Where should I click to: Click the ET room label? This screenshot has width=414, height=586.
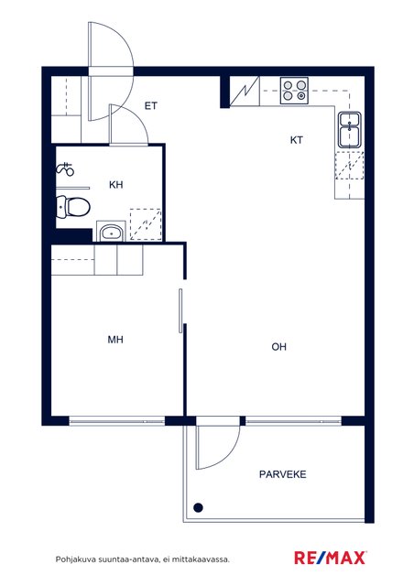pyautogui.click(x=151, y=106)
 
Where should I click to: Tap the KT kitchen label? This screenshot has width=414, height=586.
pyautogui.click(x=296, y=140)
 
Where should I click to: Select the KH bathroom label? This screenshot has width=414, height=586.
pyautogui.click(x=115, y=185)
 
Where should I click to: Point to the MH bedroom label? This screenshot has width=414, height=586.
pyautogui.click(x=115, y=340)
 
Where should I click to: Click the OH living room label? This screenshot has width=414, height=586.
pyautogui.click(x=279, y=347)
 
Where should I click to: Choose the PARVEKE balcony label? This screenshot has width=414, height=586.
pyautogui.click(x=283, y=474)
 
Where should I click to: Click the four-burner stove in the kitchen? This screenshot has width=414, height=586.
pyautogui.click(x=294, y=91)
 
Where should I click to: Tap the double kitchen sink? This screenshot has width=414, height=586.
pyautogui.click(x=350, y=130)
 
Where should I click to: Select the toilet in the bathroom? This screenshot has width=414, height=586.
pyautogui.click(x=73, y=207)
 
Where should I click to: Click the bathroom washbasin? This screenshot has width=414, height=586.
pyautogui.click(x=111, y=233)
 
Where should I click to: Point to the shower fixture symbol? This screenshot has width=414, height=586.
pyautogui.click(x=65, y=169)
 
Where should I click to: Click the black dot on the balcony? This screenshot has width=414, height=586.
pyautogui.click(x=198, y=507)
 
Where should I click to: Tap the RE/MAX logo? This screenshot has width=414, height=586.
pyautogui.click(x=331, y=558)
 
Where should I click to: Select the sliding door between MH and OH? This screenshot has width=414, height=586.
pyautogui.click(x=180, y=310)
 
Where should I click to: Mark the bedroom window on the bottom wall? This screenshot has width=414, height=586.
pyautogui.click(x=117, y=421)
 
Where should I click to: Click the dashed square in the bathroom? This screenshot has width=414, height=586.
pyautogui.click(x=146, y=224)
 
